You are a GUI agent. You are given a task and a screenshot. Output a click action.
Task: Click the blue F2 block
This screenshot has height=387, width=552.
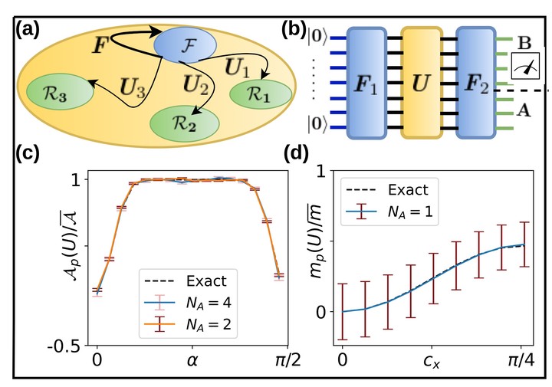click(478, 81)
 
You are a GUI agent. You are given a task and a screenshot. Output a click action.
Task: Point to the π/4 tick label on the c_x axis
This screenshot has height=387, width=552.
click(521, 359)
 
